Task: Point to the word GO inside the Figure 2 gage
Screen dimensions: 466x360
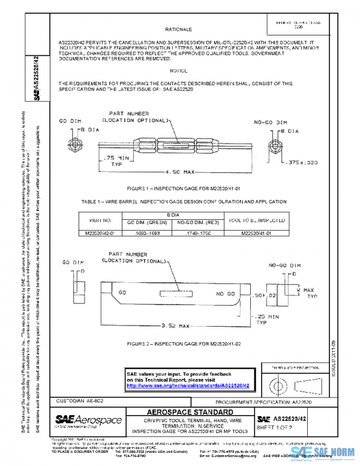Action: tap(122, 291)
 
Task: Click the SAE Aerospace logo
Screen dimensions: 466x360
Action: tap(88, 419)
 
